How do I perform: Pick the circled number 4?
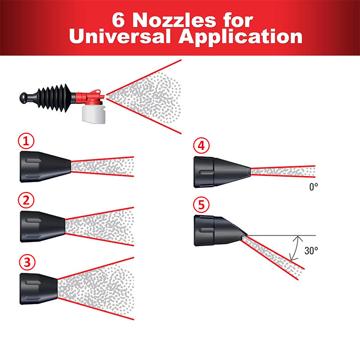click(x=201, y=146)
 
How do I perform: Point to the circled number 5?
click(x=201, y=206)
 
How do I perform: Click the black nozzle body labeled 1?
click(x=43, y=166)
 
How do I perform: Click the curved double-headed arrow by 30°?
click(x=295, y=248)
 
